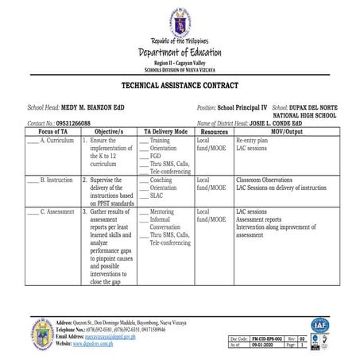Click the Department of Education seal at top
[x=180, y=21]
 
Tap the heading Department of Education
[x=180, y=52]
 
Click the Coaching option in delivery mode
[x=162, y=180]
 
